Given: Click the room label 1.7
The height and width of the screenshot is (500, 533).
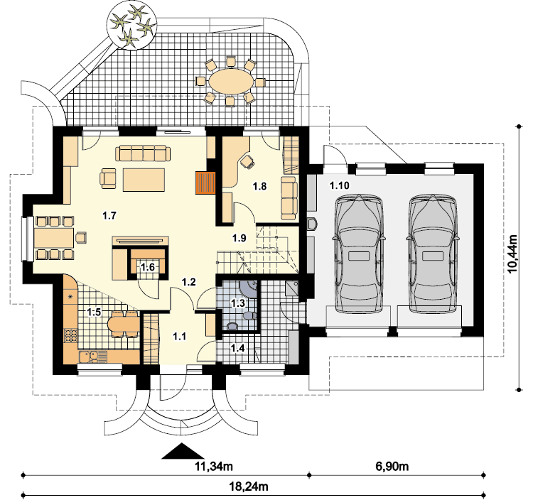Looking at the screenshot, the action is (x=109, y=215).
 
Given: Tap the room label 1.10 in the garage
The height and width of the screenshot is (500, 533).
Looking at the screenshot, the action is (x=339, y=185).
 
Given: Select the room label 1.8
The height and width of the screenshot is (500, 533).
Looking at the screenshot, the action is (x=259, y=186).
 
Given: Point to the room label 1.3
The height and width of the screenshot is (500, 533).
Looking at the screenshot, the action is (x=238, y=303).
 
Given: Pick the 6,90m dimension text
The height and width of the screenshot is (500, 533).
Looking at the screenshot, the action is (x=392, y=467).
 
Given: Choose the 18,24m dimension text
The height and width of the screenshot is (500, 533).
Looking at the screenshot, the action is (x=249, y=487).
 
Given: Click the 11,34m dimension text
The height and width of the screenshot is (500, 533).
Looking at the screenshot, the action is (x=213, y=467).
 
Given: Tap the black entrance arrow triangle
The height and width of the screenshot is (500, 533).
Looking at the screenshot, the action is (x=183, y=452).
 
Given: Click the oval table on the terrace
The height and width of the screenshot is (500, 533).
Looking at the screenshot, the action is (x=231, y=81).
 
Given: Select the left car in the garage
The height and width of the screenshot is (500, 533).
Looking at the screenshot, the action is (x=359, y=253).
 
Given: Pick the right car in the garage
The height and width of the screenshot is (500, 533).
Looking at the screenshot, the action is (x=432, y=253).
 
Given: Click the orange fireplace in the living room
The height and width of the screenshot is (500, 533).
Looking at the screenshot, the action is (x=205, y=183).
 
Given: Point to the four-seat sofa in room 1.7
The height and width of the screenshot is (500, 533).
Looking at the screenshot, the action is (x=143, y=153).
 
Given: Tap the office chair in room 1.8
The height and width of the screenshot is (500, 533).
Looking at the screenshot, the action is (x=248, y=161).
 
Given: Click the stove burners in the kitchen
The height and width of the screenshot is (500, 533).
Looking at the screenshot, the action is (x=70, y=336).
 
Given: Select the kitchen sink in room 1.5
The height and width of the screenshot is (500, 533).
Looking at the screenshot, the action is (x=92, y=357).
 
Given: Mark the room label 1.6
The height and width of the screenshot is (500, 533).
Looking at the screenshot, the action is (x=148, y=267).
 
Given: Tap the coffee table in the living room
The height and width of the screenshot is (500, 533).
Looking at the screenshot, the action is (x=144, y=180).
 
